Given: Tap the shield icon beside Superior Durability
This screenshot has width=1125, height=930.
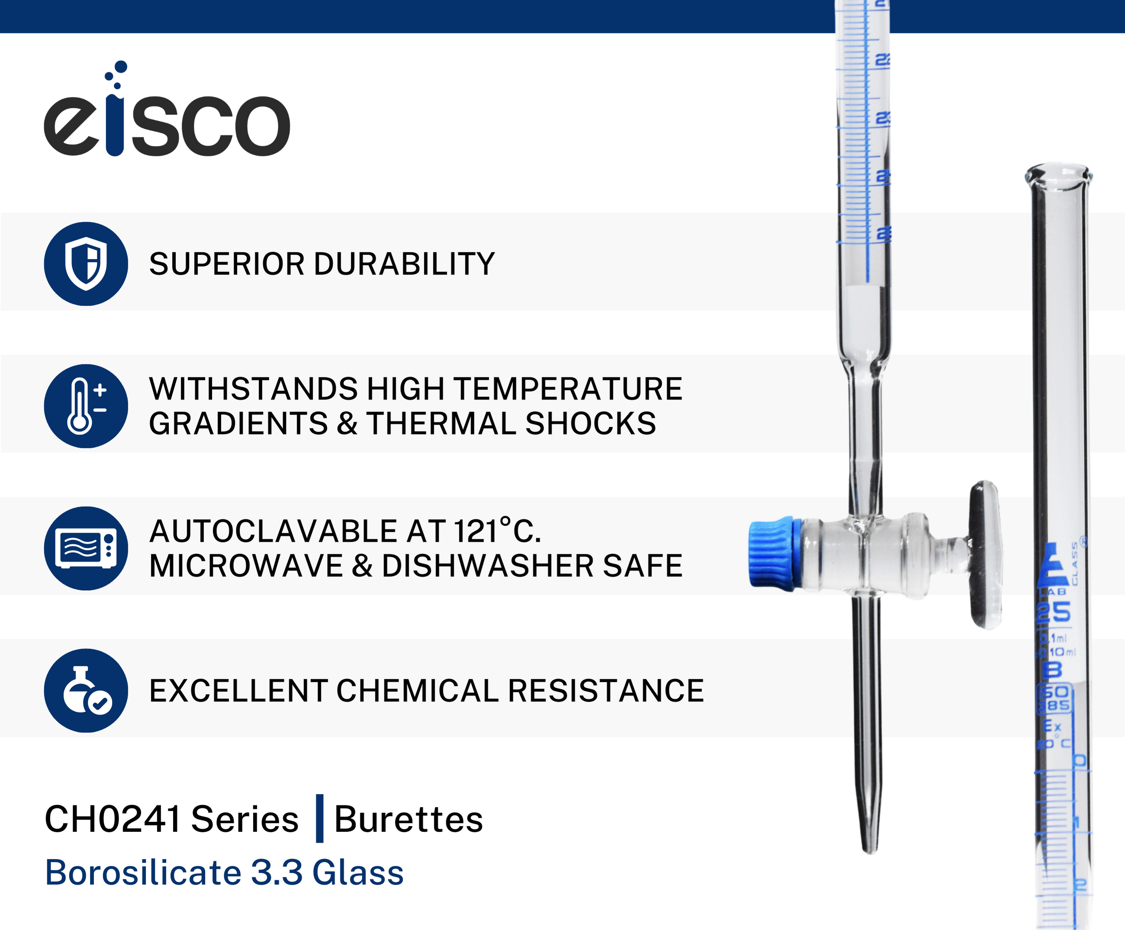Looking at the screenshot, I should (x=86, y=264).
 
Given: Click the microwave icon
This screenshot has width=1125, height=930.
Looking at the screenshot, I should (x=86, y=548).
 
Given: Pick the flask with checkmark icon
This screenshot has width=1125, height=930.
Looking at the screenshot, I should (x=86, y=691).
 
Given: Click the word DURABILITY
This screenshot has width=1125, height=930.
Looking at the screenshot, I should (x=404, y=264).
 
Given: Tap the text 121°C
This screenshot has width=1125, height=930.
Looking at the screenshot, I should (x=497, y=531).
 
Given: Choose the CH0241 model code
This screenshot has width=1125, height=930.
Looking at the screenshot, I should (x=113, y=819).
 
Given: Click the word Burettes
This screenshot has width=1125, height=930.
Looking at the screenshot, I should (x=408, y=819).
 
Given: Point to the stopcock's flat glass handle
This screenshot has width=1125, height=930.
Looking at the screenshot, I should (x=985, y=554).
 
